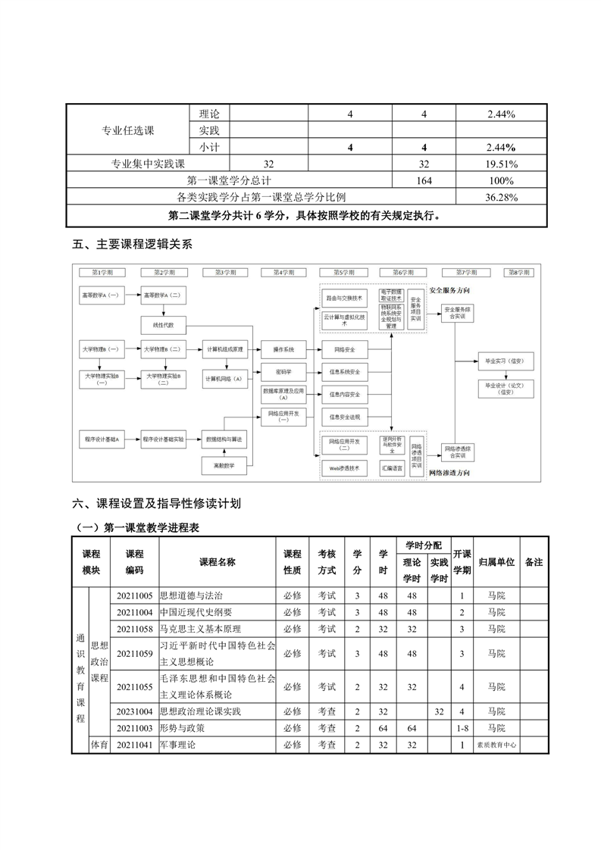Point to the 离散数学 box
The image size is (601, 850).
point(224,465)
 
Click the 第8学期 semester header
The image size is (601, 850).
point(518,271)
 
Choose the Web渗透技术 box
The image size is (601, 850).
point(345,467)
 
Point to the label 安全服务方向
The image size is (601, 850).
point(449,290)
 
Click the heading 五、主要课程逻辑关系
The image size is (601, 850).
point(133,244)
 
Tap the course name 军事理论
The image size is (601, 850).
point(178,745)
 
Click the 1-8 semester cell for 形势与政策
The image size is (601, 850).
point(462,728)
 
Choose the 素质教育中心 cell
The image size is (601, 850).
point(496,745)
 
